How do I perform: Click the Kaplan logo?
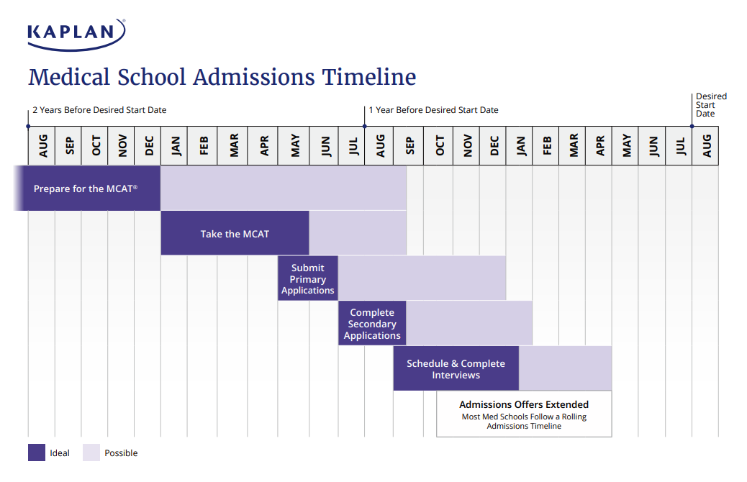[x=76, y=34]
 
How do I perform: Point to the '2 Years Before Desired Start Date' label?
[x=99, y=110]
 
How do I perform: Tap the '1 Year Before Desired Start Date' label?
[x=433, y=110]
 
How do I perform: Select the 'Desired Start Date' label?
[x=711, y=105]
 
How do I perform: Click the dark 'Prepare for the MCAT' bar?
[x=86, y=188]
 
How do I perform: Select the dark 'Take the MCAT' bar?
[x=235, y=234]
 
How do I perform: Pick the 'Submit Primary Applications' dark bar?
[x=308, y=279]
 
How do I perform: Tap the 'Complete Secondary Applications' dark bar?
[x=372, y=324]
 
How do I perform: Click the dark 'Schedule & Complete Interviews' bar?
[x=456, y=368]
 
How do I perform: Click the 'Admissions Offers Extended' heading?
[x=524, y=404]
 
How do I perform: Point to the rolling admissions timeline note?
[x=524, y=422]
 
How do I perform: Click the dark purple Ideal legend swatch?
[x=37, y=453]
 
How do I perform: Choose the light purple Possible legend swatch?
[x=91, y=453]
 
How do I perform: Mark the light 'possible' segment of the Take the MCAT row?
[x=358, y=233]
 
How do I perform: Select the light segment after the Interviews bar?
[x=565, y=368]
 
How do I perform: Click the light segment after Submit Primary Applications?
[x=422, y=279]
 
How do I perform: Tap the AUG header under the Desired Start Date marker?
[x=705, y=146]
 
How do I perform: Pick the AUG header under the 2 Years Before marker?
[x=42, y=146]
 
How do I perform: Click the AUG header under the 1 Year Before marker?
[x=379, y=146]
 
